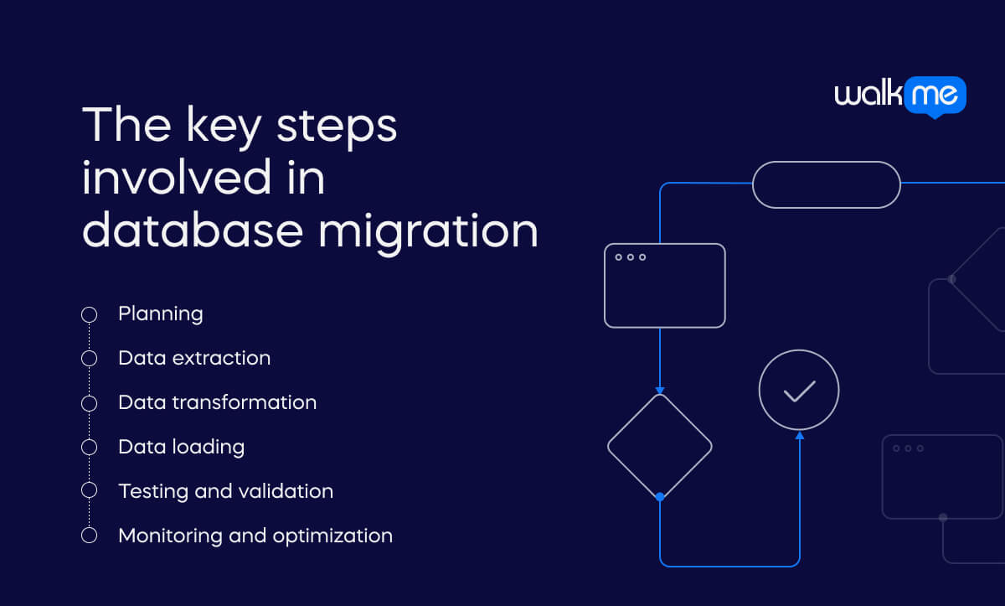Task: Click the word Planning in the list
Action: (161, 314)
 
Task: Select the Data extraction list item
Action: (194, 358)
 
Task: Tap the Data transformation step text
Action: (218, 402)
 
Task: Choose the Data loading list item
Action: (182, 447)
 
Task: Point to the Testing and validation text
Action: (226, 491)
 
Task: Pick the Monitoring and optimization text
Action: (255, 535)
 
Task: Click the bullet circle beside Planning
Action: (89, 314)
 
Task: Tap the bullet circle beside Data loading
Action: (89, 447)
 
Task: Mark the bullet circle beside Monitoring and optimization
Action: (89, 535)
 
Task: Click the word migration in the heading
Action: (428, 230)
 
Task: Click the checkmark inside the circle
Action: (799, 391)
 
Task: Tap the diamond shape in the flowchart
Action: (659, 447)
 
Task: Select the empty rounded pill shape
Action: (826, 184)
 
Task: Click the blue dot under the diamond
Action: (660, 497)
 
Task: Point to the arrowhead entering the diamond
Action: (660, 390)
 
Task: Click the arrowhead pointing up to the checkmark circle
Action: (799, 435)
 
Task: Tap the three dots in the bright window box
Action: (631, 257)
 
